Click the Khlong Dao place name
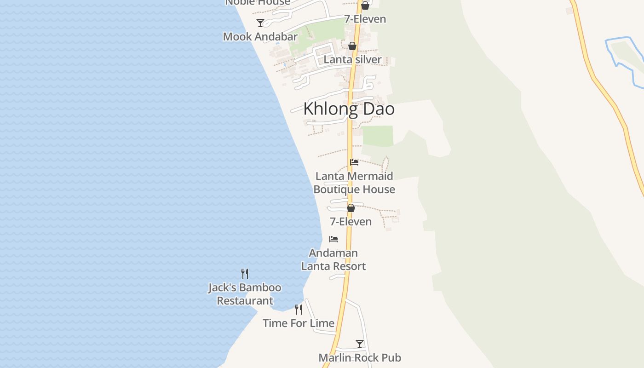[349, 109]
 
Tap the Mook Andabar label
[260, 36]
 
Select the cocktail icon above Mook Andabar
[260, 23]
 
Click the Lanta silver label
[352, 59]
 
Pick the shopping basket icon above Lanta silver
[352, 46]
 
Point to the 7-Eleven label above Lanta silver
[365, 19]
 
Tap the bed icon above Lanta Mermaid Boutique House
[354, 162]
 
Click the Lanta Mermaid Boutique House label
[354, 183]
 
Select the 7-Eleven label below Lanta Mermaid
[351, 221]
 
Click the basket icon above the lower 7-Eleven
[351, 208]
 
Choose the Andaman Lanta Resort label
[333, 259]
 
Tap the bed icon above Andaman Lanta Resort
[333, 239]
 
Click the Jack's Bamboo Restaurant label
[245, 294]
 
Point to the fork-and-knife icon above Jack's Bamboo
[245, 274]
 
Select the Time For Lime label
[299, 323]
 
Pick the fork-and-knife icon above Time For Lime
[299, 310]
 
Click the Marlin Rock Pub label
[360, 357]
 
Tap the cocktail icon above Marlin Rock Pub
[360, 344]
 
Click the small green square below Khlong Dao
[378, 136]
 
